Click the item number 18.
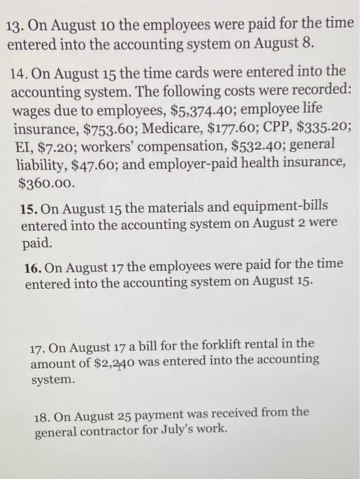coord(43,414)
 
